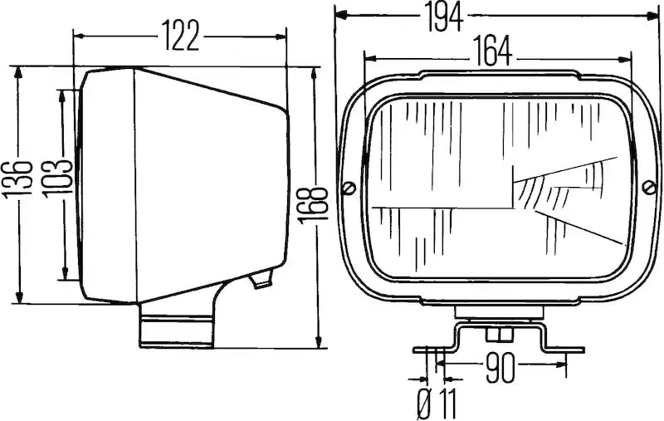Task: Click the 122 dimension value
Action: (181, 36)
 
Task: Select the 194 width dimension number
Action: (444, 16)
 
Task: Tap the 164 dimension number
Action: (492, 51)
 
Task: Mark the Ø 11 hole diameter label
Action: (437, 404)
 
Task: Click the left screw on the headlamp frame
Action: (349, 188)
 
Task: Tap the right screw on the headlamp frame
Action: (649, 187)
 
